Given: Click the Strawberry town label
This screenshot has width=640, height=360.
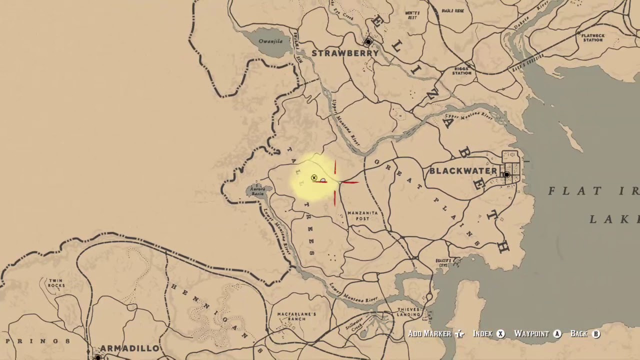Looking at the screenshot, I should [x=345, y=53].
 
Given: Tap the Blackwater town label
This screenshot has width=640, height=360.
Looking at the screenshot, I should [x=463, y=171].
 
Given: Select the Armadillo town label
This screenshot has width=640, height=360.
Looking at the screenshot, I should [x=129, y=348].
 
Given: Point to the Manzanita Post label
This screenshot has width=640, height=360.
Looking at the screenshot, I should [x=362, y=215].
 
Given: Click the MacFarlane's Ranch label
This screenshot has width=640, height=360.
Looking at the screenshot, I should [x=296, y=316].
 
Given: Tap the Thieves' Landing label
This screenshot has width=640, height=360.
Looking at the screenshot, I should [x=409, y=312].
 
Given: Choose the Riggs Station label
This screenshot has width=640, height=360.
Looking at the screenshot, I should [x=462, y=70].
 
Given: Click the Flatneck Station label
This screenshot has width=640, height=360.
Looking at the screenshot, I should [x=592, y=37].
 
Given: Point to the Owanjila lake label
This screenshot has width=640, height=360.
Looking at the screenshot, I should [x=270, y=41].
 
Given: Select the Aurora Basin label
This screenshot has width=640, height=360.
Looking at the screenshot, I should [x=257, y=191].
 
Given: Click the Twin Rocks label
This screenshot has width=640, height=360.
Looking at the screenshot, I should [x=55, y=283].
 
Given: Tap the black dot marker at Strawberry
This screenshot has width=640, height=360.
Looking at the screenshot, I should [x=368, y=42].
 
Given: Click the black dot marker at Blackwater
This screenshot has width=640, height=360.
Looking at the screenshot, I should [x=506, y=175].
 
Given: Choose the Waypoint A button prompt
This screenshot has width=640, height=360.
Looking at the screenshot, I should [x=537, y=334].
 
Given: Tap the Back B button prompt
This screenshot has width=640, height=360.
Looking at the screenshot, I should [x=585, y=334].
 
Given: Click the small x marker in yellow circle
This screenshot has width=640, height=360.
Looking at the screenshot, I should [x=314, y=178].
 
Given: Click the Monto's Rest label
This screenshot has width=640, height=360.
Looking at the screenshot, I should [x=412, y=15].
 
